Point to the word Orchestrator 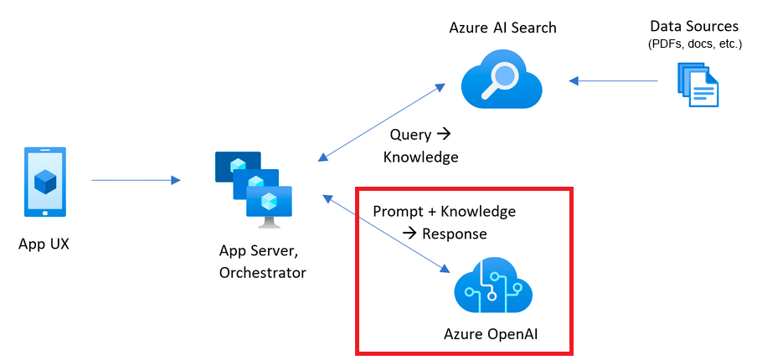tap(262, 272)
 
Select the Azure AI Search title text tap(502, 28)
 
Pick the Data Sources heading tap(694, 27)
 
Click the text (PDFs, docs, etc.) tap(694, 44)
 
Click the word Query tap(410, 135)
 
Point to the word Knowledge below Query tap(420, 157)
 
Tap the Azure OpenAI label tap(491, 334)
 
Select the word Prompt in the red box tap(399, 211)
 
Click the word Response tap(455, 233)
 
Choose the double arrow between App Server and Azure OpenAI tap(384, 234)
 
